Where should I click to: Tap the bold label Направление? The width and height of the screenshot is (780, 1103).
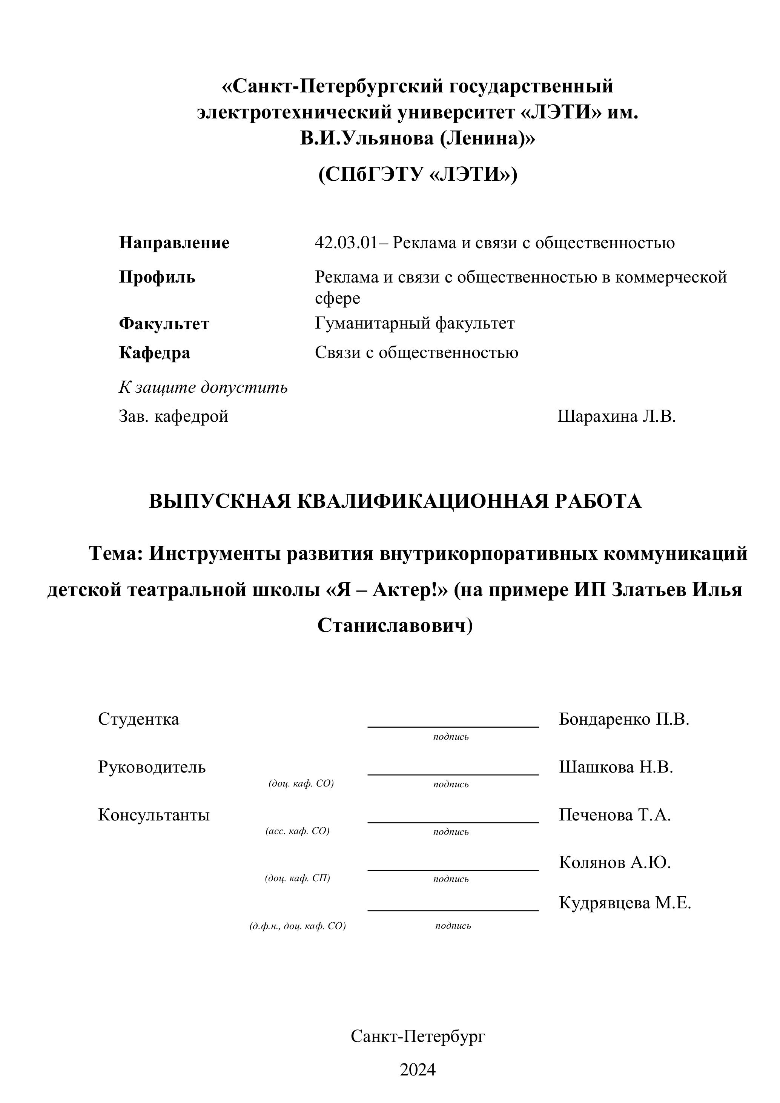click(174, 243)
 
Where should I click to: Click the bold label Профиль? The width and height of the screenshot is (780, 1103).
click(157, 277)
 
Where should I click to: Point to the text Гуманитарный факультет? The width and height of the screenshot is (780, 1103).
click(415, 323)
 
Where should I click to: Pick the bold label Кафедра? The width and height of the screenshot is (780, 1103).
click(154, 353)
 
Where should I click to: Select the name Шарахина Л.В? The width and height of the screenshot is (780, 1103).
click(616, 416)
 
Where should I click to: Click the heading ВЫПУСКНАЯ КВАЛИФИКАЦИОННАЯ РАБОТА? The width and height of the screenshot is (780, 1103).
click(395, 501)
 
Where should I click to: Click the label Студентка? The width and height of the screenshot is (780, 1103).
click(138, 719)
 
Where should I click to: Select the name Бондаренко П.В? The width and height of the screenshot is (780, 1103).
click(624, 719)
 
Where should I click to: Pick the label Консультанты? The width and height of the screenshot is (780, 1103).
click(154, 815)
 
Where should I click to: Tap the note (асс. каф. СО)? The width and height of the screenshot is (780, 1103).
click(297, 831)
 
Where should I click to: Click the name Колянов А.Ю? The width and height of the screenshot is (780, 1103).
click(614, 862)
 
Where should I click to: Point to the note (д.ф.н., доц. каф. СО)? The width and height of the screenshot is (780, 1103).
click(297, 926)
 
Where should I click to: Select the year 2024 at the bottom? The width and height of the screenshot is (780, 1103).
click(418, 1070)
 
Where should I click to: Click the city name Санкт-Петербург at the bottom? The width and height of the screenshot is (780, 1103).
click(418, 1036)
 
